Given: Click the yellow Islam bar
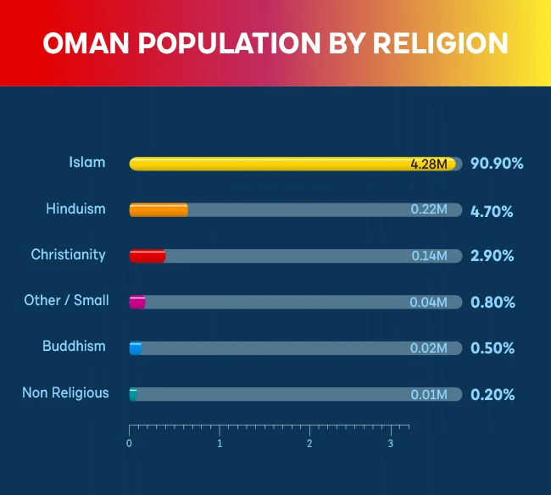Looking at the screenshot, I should tap(271, 164).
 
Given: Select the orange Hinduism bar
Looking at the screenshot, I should tap(159, 209).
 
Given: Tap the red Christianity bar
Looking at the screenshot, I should tap(147, 256).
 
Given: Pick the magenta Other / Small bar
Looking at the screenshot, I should tap(137, 302).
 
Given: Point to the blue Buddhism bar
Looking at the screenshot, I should tap(136, 348).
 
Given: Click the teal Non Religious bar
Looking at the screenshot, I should tap(133, 393).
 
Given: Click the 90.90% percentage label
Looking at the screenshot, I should tap(497, 164).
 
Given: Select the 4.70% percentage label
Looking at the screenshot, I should tap(492, 210).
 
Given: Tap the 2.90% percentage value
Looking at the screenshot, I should tap(492, 256).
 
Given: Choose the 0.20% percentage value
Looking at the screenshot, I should tap(492, 394).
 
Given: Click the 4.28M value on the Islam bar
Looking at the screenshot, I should tap(428, 164).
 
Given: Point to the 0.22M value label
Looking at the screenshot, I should tap(428, 210).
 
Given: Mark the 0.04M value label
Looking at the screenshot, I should tap(428, 302).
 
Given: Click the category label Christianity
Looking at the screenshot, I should tap(69, 254).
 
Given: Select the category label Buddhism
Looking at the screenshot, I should tap(75, 346).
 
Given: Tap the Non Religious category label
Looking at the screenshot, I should tap(65, 392).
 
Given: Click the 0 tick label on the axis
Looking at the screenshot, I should tap(129, 443).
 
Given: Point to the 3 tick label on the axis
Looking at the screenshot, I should tap(391, 443).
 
